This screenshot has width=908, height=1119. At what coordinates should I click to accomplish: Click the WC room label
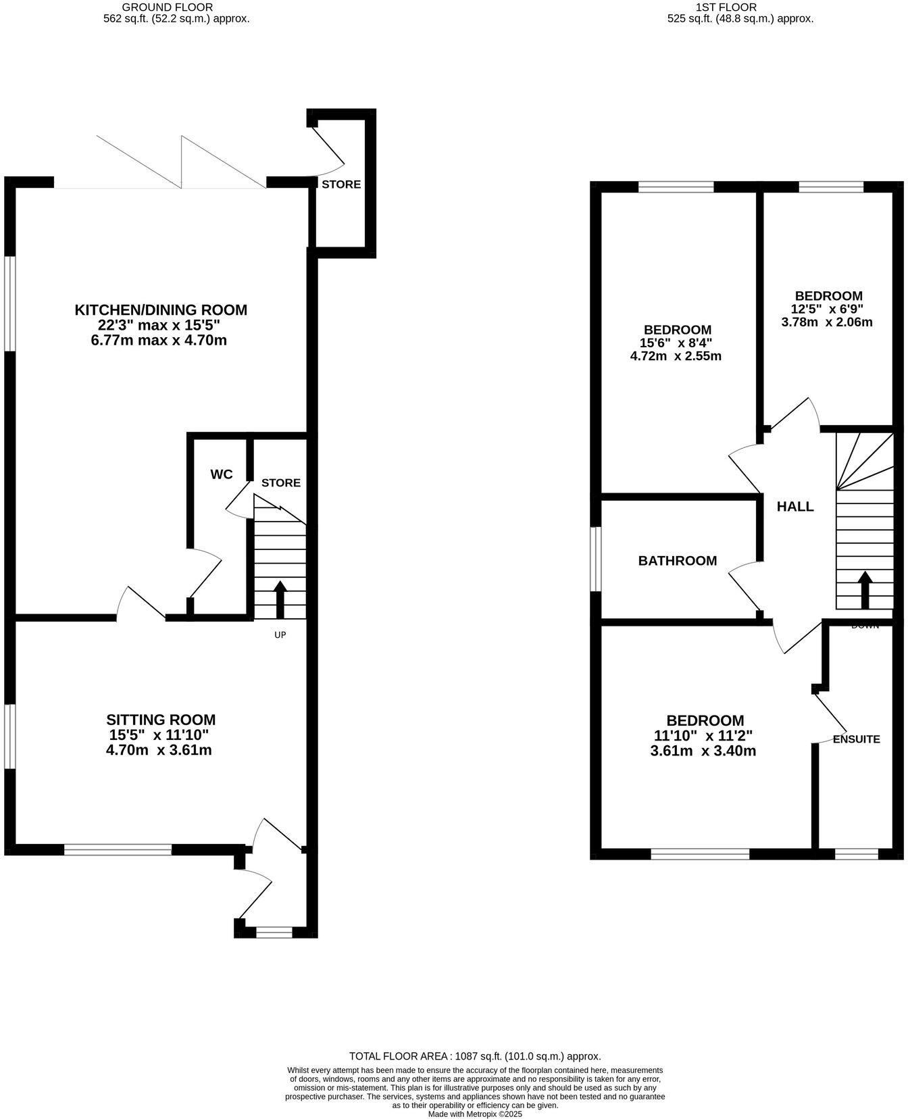tap(222, 474)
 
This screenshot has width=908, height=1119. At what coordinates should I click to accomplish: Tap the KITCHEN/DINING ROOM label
tap(161, 310)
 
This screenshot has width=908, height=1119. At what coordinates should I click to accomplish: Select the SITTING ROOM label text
tap(161, 720)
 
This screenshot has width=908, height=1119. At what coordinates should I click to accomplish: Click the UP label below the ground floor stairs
tap(280, 635)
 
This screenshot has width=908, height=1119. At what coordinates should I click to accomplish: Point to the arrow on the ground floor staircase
tap(280, 598)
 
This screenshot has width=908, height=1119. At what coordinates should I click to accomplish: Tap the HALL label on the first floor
tap(795, 507)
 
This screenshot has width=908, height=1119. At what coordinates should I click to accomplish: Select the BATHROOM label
tap(678, 561)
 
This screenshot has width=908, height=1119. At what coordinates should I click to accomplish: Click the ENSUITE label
tap(856, 739)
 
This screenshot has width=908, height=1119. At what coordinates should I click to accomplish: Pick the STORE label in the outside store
tap(341, 184)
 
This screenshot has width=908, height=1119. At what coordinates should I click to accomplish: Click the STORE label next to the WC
tap(281, 483)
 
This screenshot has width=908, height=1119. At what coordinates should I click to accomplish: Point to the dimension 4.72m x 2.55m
tap(676, 356)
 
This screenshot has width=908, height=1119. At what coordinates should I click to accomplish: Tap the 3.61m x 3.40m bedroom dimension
tap(703, 751)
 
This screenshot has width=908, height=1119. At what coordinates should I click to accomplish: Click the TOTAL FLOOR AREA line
tap(475, 1056)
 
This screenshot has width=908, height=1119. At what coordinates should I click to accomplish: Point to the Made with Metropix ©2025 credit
tap(475, 1114)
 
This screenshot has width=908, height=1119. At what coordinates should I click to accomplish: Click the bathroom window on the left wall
tap(595, 559)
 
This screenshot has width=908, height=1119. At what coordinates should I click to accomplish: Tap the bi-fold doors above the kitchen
tap(181, 162)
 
